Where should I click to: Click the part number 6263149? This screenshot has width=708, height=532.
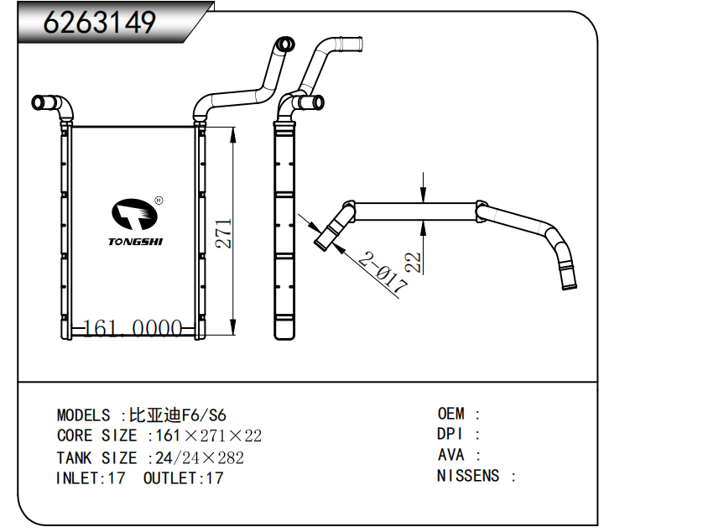click(x=100, y=23)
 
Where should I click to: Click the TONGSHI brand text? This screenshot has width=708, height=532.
click(x=136, y=242)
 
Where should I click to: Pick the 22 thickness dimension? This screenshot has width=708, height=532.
click(x=412, y=263)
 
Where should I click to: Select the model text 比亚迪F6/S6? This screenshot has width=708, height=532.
click(x=177, y=415)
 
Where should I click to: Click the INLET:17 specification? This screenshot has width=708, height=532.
click(x=91, y=479)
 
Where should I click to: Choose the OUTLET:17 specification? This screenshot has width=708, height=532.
click(x=183, y=479)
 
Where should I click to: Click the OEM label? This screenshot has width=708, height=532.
click(x=451, y=414)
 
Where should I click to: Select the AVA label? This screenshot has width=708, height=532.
click(x=451, y=456)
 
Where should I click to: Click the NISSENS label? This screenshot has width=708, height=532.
click(x=468, y=477)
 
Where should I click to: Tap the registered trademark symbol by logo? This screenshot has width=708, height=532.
click(x=159, y=201)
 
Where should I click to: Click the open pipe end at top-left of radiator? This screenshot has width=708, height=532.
click(x=38, y=102)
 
